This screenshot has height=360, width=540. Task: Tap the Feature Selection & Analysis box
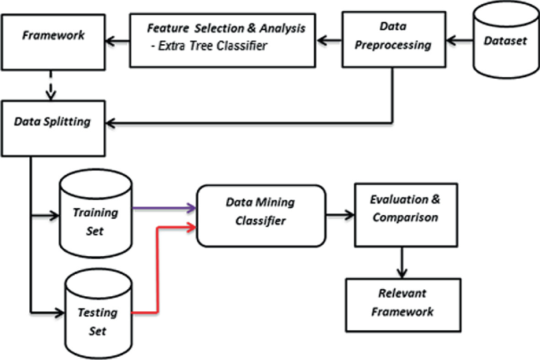point(228,38)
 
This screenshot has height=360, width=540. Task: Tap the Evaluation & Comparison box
point(404,212)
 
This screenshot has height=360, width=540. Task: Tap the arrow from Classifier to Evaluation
point(341,213)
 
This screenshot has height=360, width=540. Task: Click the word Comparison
point(404,218)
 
